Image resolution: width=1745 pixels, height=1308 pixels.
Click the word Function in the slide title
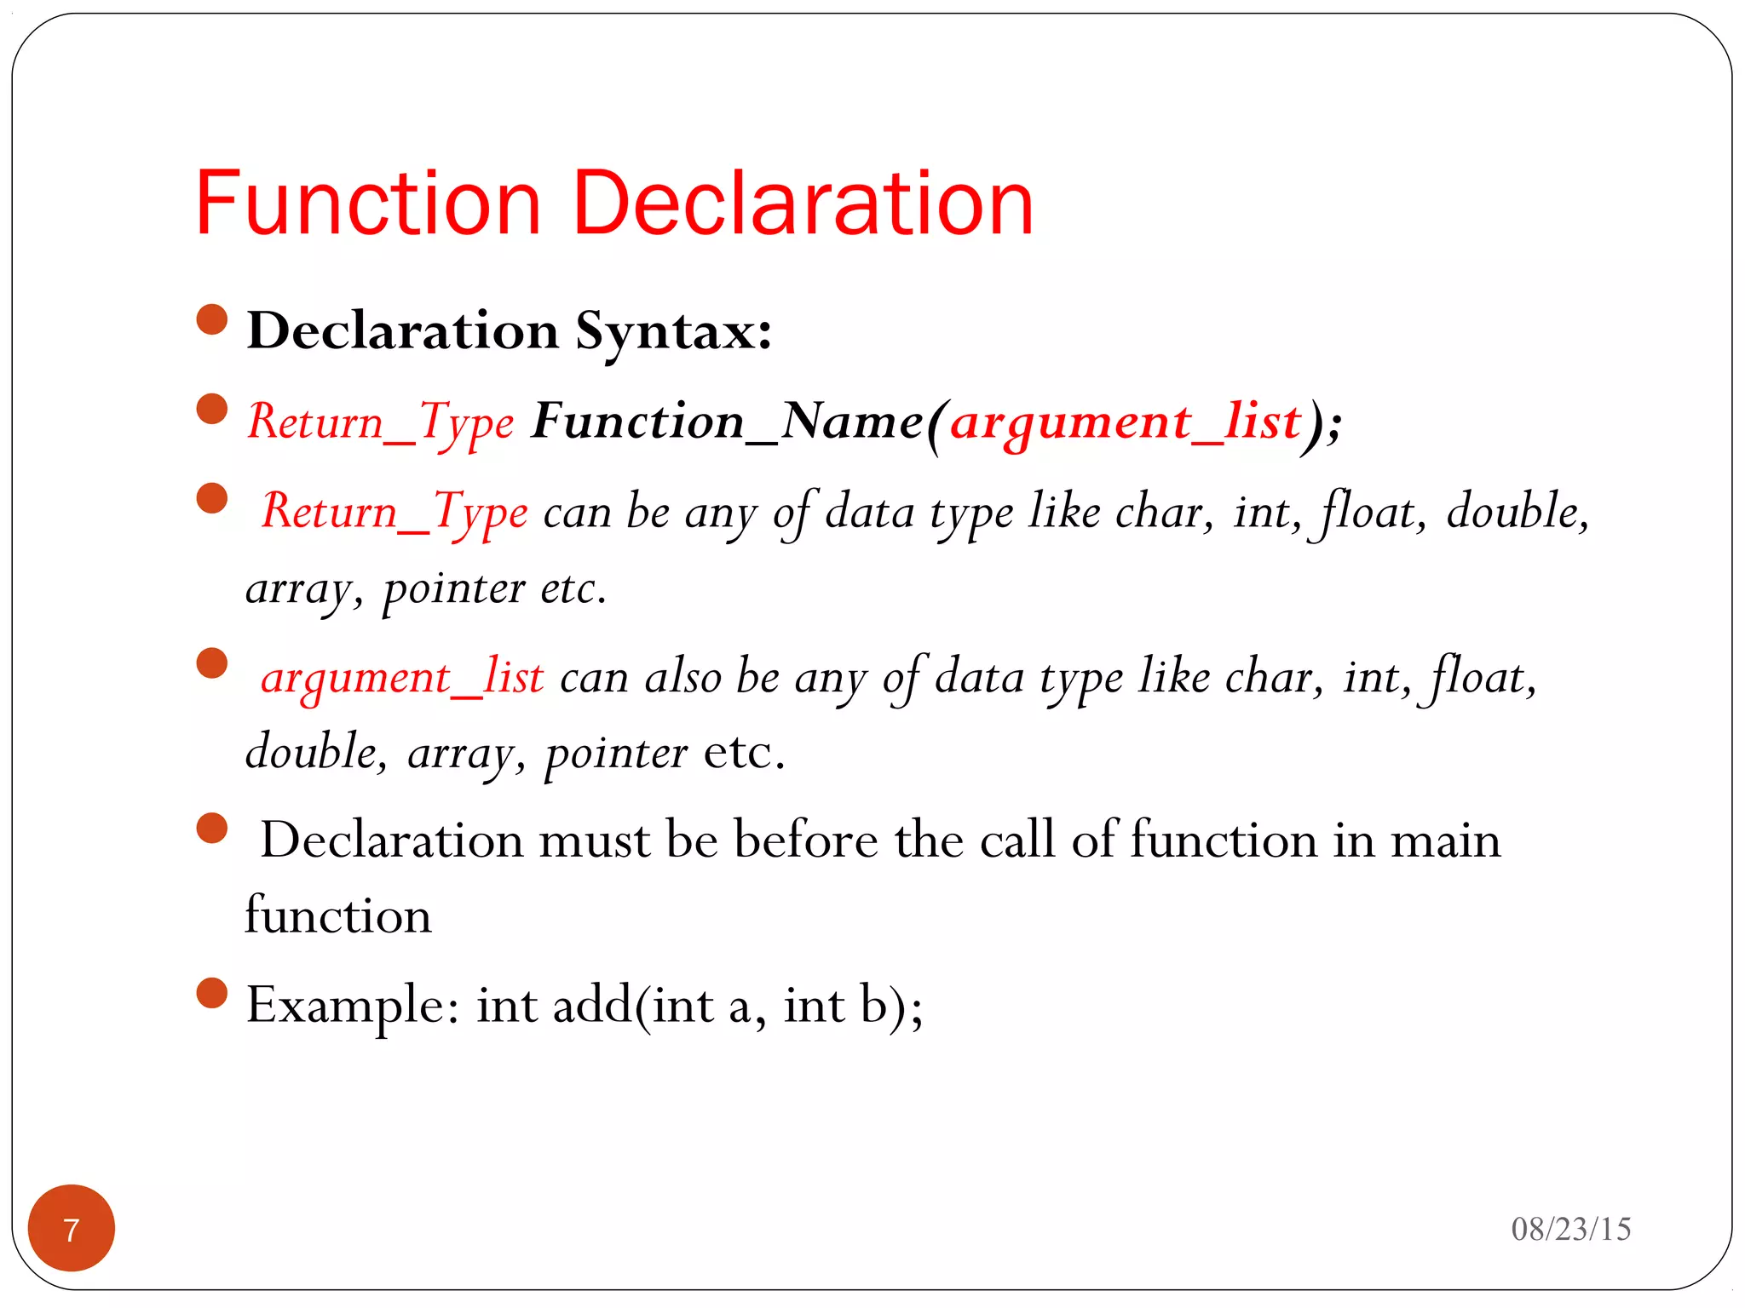pos(368,204)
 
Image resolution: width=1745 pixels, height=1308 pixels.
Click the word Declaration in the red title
pos(803,204)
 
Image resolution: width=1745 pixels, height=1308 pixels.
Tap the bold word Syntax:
pos(673,331)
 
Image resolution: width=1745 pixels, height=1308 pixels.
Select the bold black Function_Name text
pos(727,422)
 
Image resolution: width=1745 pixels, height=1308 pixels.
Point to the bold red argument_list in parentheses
pos(1126,422)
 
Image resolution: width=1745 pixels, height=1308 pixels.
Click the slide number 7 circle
pos(72,1228)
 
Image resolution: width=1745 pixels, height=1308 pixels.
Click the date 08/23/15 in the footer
pos(1570,1229)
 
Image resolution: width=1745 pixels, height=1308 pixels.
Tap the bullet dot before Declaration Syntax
pos(212,320)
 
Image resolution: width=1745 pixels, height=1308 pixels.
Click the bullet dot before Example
pos(212,993)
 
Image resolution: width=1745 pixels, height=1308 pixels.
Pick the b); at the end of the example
pos(890,1006)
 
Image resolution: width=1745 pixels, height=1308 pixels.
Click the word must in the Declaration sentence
pos(594,840)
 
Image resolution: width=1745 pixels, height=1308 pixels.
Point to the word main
pos(1445,840)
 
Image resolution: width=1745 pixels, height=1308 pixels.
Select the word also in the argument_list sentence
pos(682,678)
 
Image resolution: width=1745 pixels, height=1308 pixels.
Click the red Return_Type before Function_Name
pos(381,422)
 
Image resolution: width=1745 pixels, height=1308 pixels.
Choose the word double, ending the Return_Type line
pos(1518,512)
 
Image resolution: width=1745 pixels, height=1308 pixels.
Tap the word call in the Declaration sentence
pos(1017,840)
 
